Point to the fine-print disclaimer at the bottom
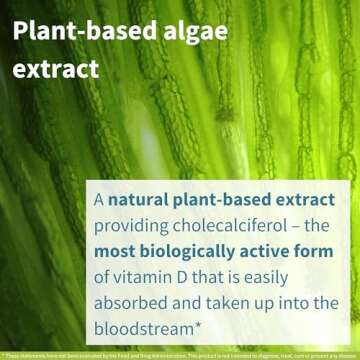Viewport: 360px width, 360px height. (180, 354)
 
